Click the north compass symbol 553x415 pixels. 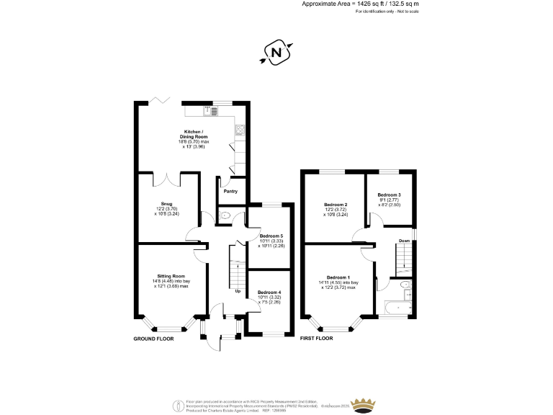click(276, 52)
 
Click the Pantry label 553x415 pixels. click(230, 191)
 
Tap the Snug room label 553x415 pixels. click(166, 204)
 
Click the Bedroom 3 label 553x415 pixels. click(390, 195)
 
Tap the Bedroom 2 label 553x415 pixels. click(337, 205)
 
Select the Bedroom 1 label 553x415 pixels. click(338, 277)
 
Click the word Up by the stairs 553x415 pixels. click(238, 291)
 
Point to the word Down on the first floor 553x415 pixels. click(405, 241)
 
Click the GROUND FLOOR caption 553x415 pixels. click(154, 338)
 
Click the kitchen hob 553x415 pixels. click(240, 130)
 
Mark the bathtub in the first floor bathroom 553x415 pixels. click(396, 309)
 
